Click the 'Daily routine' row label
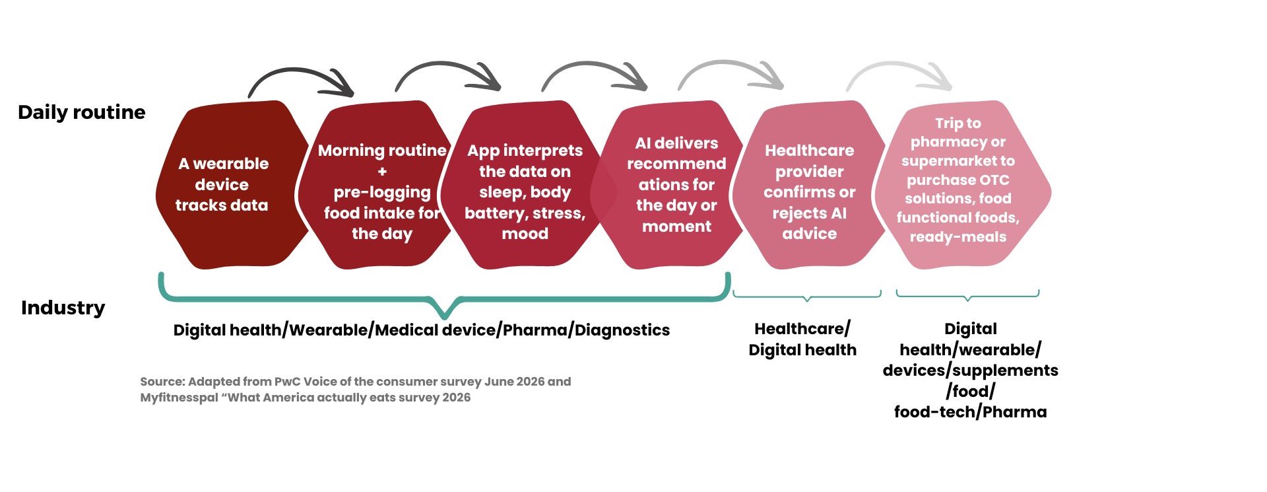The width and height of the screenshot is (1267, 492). pos(82,112)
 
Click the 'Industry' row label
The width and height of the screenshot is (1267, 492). pos(63,308)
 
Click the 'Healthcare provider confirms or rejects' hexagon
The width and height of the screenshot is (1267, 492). pos(808,185)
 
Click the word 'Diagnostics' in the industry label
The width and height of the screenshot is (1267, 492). pos(622,330)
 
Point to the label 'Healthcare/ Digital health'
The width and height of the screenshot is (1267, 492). pos(802,339)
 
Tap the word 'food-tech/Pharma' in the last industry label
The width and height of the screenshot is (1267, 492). pos(970,412)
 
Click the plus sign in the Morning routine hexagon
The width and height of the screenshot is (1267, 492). pos(382,172)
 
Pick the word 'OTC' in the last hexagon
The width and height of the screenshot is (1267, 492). pos(995,180)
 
